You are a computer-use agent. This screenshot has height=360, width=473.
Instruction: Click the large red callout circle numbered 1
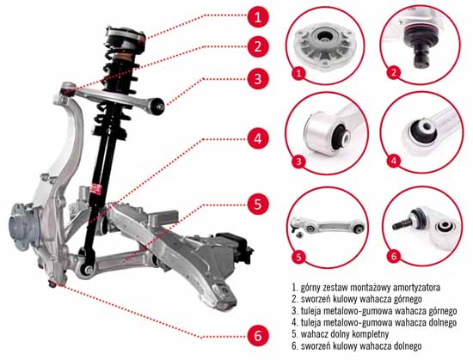[258, 17]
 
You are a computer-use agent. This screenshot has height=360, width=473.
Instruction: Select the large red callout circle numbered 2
[258, 46]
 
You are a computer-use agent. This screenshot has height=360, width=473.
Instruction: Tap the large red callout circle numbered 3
[258, 79]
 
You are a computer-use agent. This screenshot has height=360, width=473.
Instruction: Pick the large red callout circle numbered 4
[258, 139]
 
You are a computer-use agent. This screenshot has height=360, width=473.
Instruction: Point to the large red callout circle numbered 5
[258, 204]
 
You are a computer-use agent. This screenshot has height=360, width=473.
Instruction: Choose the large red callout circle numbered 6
[258, 336]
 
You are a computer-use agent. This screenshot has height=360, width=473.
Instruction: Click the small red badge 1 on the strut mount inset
[299, 73]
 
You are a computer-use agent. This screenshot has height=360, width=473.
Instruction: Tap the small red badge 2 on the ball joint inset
[394, 73]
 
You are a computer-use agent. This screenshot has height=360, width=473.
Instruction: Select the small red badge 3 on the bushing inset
[298, 162]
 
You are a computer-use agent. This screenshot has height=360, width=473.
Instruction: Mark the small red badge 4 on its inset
[394, 161]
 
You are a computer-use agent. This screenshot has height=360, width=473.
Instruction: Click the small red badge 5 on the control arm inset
[298, 257]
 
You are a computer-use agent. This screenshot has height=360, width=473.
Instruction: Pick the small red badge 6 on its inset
[394, 256]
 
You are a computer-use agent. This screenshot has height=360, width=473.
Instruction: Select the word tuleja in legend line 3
[310, 310]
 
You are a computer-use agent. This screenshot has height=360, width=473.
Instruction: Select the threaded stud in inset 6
[402, 224]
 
